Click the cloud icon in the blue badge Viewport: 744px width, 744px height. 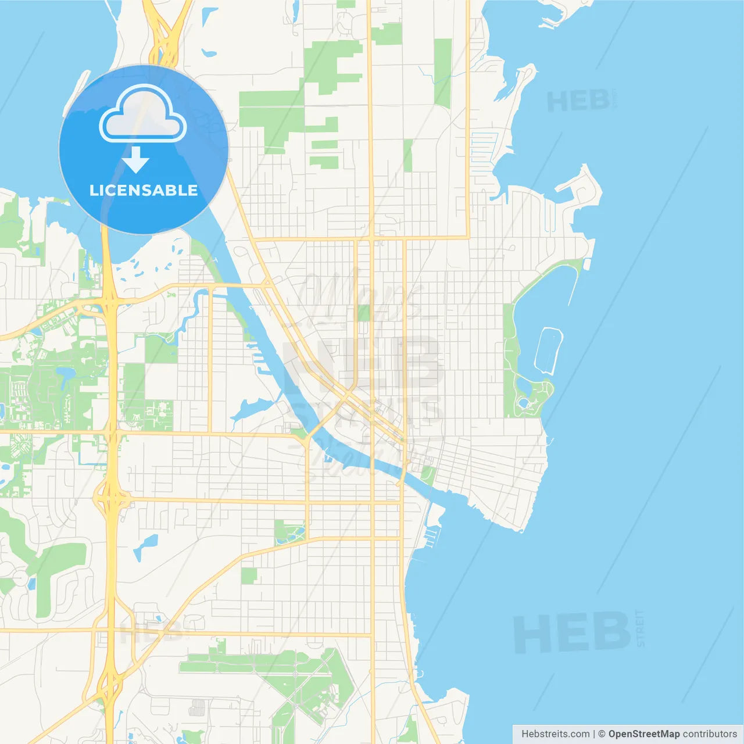point(143,114)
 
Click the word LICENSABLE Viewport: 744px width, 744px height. point(144,190)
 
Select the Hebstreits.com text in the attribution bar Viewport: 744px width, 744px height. point(555,734)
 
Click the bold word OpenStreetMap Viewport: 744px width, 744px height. point(643,734)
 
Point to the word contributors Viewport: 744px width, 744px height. point(710,734)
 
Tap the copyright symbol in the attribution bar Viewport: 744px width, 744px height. point(602,734)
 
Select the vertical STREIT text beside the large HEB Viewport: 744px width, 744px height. point(641,628)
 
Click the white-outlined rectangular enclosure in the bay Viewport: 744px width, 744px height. point(548,350)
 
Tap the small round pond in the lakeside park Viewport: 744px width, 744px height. point(523,402)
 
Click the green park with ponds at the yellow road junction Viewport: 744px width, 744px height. point(289,532)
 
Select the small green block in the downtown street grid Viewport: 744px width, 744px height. point(364,313)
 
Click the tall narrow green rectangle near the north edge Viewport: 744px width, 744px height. point(443,73)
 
